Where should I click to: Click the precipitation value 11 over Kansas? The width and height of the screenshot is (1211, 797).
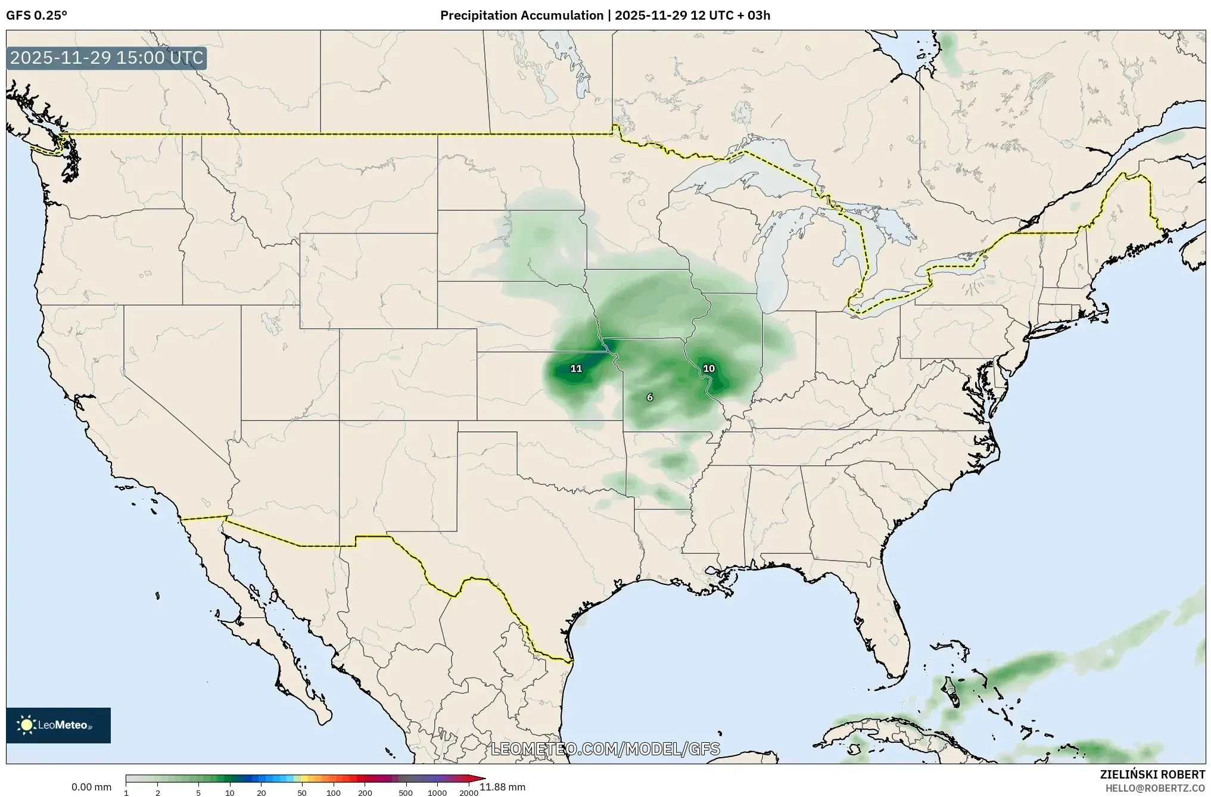(576, 369)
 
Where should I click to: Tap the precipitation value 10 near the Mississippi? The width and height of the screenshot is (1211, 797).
(709, 369)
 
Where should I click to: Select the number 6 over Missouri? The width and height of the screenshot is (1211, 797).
(650, 397)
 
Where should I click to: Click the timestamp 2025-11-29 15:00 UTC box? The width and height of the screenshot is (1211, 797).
(107, 58)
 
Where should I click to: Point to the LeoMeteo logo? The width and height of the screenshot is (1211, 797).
(58, 725)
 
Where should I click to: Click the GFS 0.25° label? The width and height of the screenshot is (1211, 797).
(36, 15)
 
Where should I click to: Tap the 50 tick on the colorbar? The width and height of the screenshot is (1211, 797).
(302, 793)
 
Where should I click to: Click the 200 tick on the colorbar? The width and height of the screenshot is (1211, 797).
(365, 793)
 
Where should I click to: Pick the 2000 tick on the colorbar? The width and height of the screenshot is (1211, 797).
(469, 793)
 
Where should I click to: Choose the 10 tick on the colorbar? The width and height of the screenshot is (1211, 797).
(230, 793)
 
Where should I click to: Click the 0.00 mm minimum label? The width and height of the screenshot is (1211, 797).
(91, 787)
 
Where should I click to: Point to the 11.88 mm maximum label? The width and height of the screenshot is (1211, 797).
(503, 787)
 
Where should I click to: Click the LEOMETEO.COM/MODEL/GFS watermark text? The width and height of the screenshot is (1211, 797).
(605, 749)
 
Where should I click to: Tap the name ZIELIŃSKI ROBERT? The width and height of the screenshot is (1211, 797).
(1152, 775)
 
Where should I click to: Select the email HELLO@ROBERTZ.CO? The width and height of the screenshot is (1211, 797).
(1155, 788)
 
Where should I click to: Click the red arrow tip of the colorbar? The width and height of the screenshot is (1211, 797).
(481, 778)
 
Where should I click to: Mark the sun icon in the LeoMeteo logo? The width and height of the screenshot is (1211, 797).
(27, 725)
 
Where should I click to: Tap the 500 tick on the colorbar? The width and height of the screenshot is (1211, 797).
(406, 793)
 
